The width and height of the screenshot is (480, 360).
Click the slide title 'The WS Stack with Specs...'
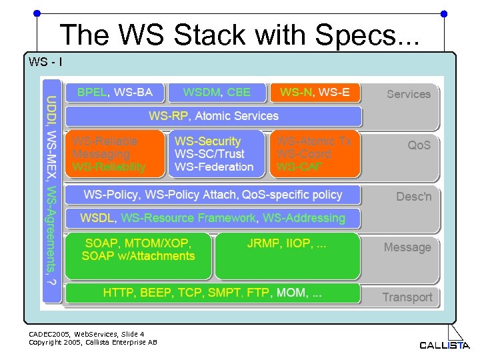239,34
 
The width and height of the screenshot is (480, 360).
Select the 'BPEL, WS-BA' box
115,93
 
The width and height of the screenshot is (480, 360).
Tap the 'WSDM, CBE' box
217,93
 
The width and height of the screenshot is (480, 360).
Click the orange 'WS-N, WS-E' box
315,93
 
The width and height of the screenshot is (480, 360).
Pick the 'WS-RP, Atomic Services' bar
213,116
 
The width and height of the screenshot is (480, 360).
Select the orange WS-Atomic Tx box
315,154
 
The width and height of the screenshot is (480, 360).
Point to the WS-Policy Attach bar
213,195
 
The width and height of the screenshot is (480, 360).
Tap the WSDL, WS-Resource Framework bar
213,218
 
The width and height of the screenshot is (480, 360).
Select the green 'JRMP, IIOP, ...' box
287,255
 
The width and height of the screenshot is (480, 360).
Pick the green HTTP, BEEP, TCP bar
213,293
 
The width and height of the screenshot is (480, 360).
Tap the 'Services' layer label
409,95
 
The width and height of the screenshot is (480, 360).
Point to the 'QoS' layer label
419,145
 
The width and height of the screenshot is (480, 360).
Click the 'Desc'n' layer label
413,197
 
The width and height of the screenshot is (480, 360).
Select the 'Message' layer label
407,247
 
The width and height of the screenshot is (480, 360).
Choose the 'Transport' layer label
407,297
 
